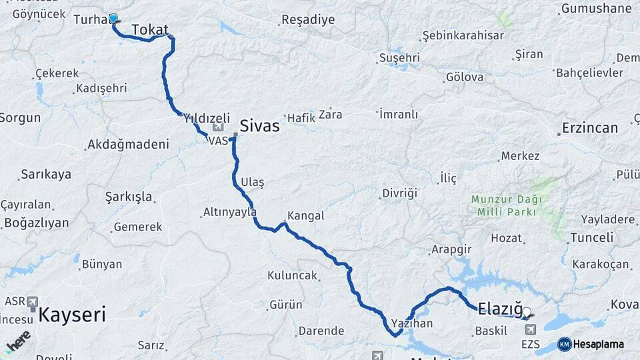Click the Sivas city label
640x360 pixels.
(259, 125)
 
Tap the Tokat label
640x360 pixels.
(150, 29)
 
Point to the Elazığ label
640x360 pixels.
(500, 308)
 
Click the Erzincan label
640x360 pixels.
(589, 128)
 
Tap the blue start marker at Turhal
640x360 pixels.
(113, 19)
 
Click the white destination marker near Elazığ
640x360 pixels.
(527, 311)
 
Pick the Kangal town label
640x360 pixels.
(305, 216)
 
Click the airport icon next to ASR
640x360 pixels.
(33, 302)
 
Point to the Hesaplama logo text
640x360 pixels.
(598, 345)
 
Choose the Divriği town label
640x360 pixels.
(399, 193)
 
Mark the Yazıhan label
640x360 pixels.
(411, 323)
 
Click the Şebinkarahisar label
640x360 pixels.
(463, 35)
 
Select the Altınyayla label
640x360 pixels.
(229, 213)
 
